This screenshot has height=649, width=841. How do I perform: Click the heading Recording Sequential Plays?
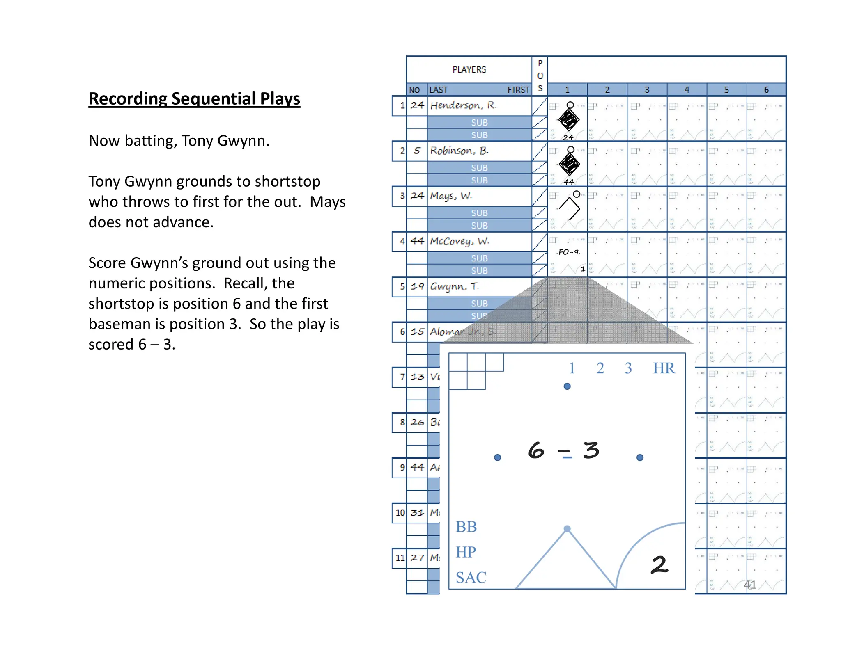[x=194, y=99]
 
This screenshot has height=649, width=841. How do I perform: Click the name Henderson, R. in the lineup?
[x=463, y=105]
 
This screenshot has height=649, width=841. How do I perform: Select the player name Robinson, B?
[x=459, y=151]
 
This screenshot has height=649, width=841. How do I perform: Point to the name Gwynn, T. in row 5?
[x=454, y=286]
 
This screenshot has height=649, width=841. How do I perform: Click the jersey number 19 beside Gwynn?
[x=417, y=286]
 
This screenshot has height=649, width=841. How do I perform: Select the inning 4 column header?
[x=687, y=89]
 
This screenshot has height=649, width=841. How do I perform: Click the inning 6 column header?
[x=766, y=89]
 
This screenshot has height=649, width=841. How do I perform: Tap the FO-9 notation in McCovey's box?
[x=569, y=252]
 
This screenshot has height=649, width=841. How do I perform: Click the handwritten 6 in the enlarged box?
[x=536, y=450]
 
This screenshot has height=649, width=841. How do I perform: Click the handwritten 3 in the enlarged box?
[x=591, y=450]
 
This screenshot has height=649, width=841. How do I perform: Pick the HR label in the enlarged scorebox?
[x=664, y=368]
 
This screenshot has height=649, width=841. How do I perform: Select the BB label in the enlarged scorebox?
[x=466, y=527]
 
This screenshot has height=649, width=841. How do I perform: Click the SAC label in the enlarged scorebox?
[x=471, y=578]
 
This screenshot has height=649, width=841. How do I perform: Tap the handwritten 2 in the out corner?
[x=659, y=565]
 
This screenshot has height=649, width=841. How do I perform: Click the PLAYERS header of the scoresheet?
[x=469, y=70]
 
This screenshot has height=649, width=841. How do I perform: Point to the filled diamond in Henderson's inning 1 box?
[x=569, y=120]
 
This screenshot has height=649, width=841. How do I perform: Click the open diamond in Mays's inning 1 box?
[x=570, y=208]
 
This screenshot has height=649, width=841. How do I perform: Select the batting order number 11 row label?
[x=400, y=558]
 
